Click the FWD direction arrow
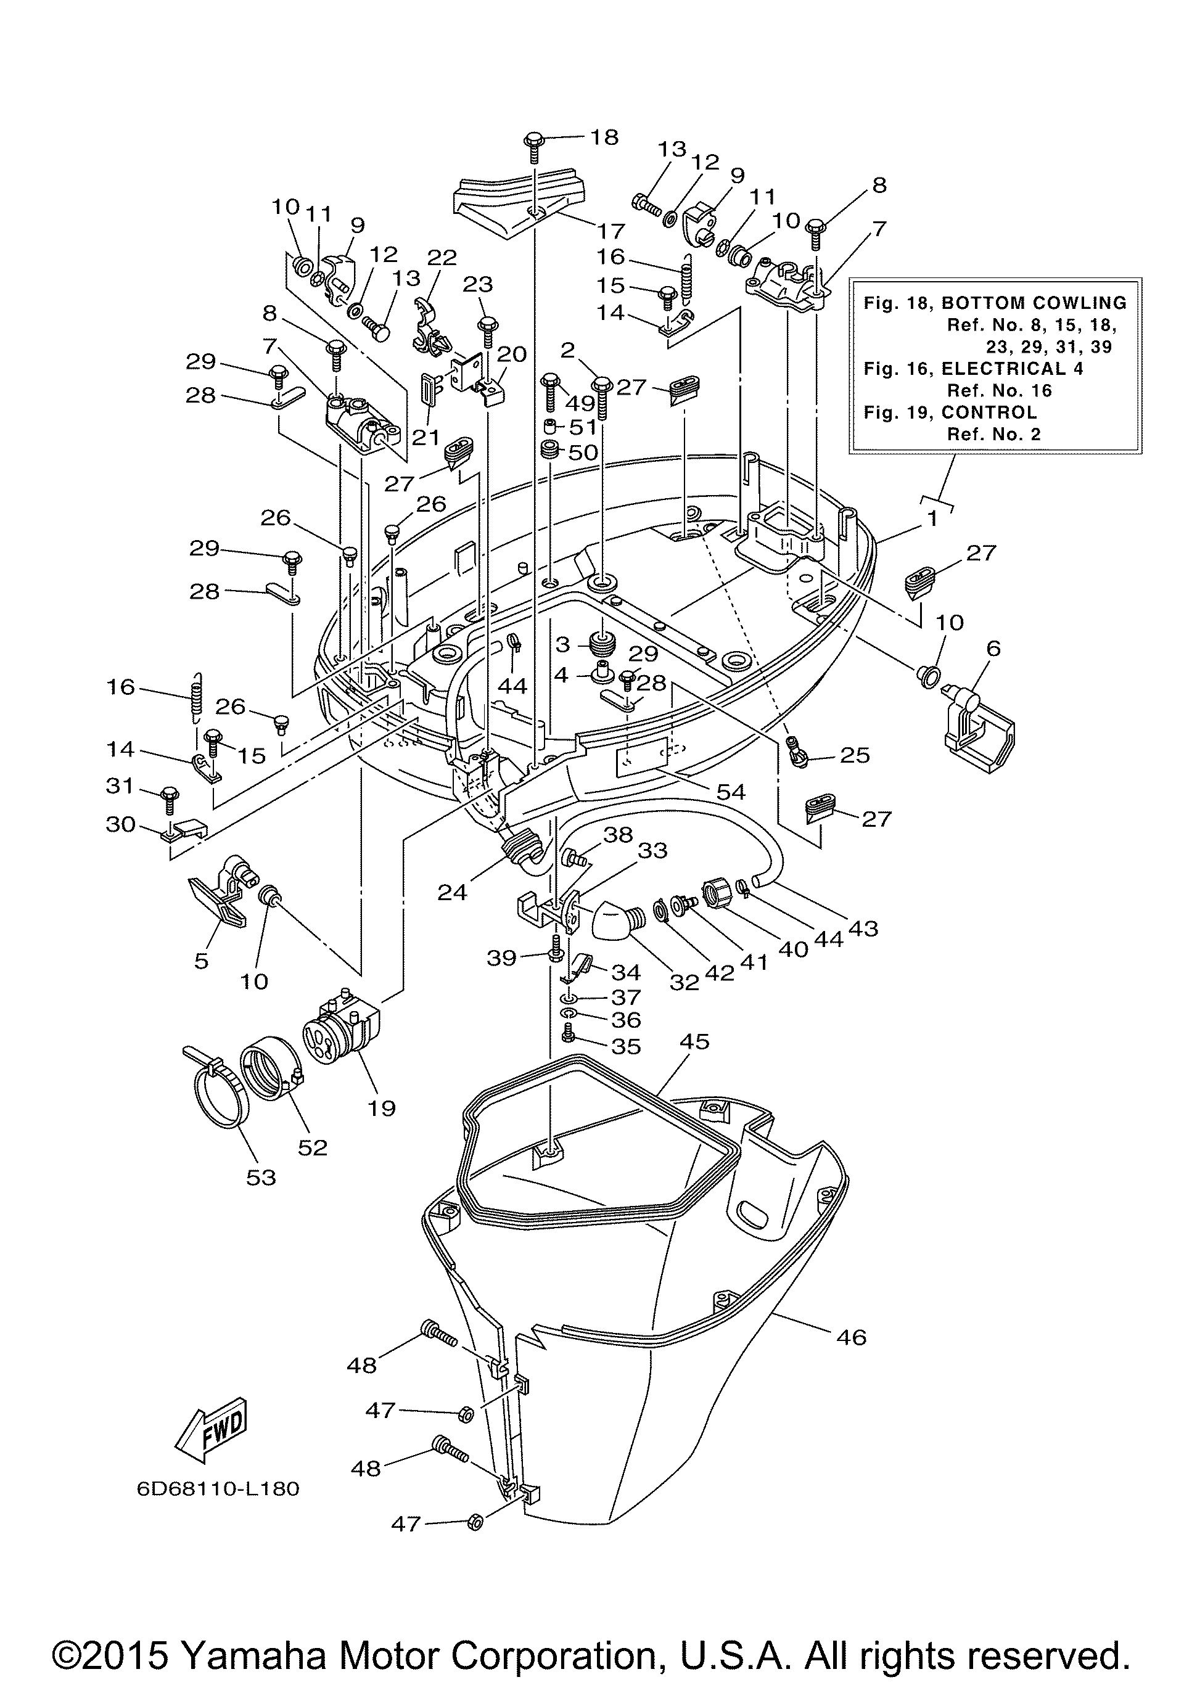point(212,1428)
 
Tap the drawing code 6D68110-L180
point(218,1488)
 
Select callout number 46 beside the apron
point(851,1337)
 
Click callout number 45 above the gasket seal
point(694,1042)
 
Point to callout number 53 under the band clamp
point(261,1177)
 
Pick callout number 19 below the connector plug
point(381,1107)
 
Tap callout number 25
point(855,755)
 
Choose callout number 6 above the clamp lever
point(993,648)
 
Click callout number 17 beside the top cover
point(610,231)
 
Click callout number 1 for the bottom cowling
point(932,519)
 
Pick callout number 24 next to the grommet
point(452,892)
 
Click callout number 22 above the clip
point(442,258)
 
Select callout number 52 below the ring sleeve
point(312,1147)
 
